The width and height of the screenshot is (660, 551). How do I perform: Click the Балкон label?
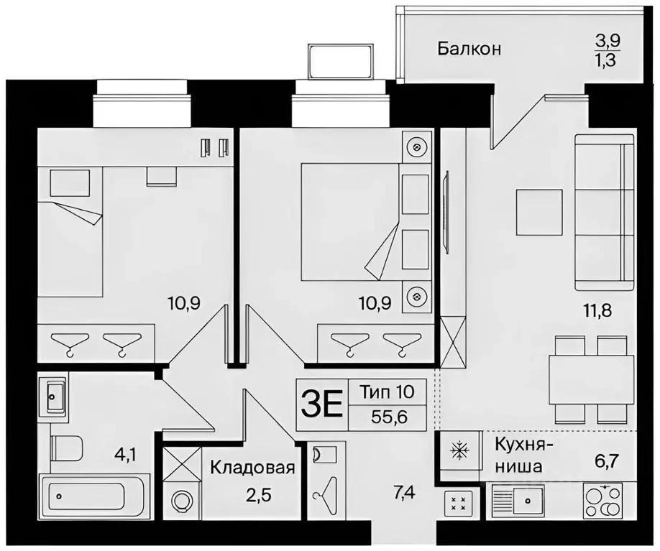tap(469, 50)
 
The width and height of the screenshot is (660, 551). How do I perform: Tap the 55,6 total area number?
tap(388, 417)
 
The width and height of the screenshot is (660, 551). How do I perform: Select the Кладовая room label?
tap(252, 468)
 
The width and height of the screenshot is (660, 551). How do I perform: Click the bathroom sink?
tap(53, 394)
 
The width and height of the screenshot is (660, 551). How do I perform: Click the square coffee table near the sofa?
tap(538, 211)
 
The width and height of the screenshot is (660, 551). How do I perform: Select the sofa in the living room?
tap(604, 210)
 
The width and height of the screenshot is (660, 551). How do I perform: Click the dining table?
tap(591, 379)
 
